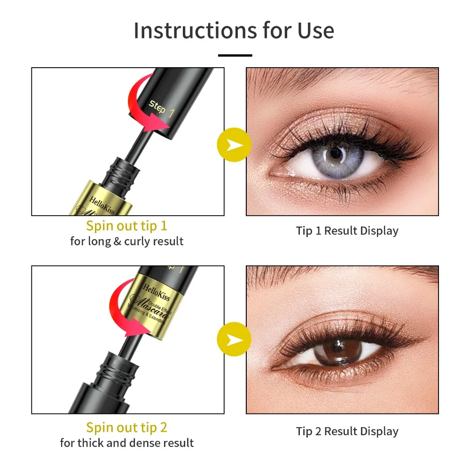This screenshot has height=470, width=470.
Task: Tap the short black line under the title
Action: [235, 55]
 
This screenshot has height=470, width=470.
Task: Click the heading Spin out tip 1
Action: [126, 226]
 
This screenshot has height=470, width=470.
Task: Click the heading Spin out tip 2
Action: [126, 427]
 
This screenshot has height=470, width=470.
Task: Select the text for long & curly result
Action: [126, 242]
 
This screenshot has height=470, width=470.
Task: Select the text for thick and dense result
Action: [126, 443]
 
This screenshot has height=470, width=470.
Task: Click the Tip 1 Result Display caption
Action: [347, 231]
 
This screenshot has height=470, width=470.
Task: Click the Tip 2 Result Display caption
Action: [347, 431]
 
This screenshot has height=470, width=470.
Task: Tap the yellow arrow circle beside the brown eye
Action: [234, 339]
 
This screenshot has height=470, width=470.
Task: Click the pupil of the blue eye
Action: [335, 154]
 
